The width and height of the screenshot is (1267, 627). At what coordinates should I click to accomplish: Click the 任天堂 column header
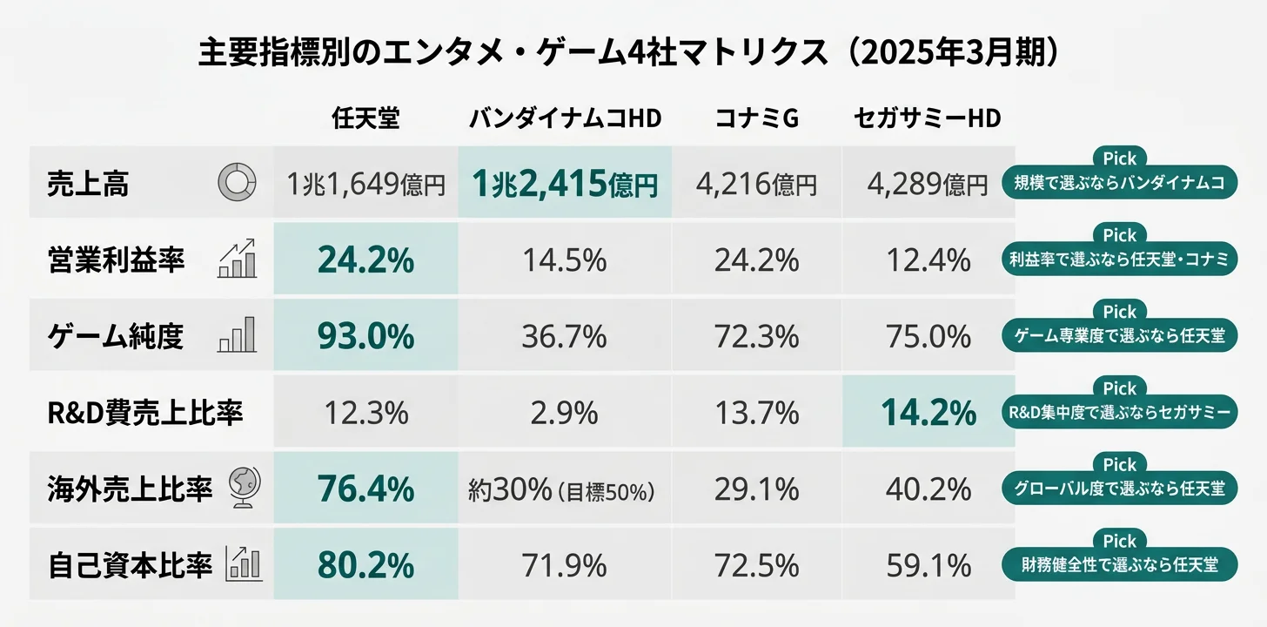(x=365, y=119)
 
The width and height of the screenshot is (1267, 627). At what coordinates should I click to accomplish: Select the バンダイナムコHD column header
(x=565, y=119)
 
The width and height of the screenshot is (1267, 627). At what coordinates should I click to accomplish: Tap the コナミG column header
(x=756, y=119)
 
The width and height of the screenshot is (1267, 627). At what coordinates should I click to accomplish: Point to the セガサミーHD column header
(x=928, y=119)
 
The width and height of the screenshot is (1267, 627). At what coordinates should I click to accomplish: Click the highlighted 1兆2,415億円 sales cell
(x=565, y=183)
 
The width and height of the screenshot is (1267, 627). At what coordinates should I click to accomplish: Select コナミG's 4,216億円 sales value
(x=756, y=184)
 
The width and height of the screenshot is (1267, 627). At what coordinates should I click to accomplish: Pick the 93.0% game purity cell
(x=365, y=336)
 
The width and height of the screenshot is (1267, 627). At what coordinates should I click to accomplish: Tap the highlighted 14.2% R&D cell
(x=928, y=413)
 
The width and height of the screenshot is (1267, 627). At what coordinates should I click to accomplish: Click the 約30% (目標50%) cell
(x=561, y=490)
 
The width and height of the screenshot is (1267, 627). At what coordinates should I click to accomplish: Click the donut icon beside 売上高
(x=236, y=183)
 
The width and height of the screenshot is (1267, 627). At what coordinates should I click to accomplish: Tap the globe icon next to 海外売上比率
(x=241, y=488)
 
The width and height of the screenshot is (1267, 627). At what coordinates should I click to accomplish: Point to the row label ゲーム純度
(x=116, y=336)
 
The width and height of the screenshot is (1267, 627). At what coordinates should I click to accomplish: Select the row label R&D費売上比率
(x=144, y=413)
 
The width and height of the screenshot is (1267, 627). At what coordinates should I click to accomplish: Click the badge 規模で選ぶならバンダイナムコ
(x=1119, y=183)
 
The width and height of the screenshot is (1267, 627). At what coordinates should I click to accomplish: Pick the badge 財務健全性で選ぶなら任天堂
(x=1119, y=565)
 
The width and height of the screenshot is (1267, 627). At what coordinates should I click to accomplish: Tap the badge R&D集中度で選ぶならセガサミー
(x=1119, y=413)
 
